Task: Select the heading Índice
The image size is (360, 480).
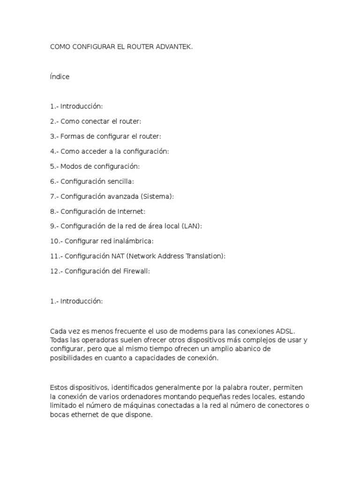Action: [60, 77]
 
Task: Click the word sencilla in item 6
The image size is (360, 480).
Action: [121, 181]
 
